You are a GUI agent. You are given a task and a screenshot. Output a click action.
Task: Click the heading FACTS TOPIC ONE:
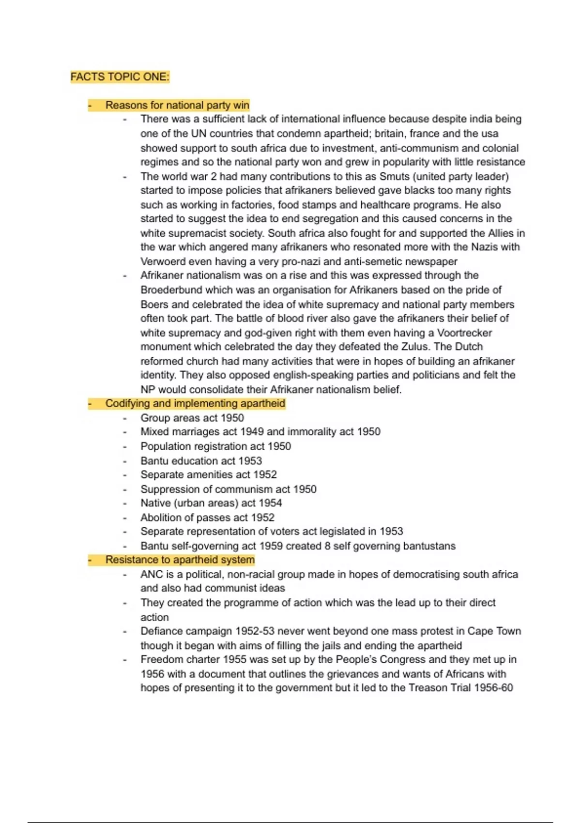click(120, 77)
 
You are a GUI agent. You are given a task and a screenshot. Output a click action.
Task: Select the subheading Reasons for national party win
click(177, 105)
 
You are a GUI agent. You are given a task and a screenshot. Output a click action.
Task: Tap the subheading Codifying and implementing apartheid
click(195, 403)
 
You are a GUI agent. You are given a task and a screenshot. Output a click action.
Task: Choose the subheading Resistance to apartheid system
click(180, 560)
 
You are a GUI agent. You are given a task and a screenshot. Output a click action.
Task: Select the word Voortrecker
click(464, 333)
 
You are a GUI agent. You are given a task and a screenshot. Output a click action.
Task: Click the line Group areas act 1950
click(192, 418)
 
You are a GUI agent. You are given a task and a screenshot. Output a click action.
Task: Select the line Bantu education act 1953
click(201, 460)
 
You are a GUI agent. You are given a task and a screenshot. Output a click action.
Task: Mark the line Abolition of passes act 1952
click(207, 518)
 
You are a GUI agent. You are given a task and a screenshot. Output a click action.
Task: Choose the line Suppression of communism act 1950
click(228, 489)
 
